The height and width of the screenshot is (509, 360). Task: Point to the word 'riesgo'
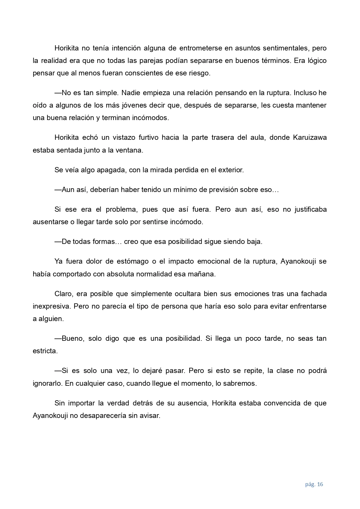[200, 73]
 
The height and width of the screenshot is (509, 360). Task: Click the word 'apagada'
[110, 170]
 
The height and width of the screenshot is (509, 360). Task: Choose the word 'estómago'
[133, 261]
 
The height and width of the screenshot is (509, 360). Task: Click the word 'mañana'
[204, 274]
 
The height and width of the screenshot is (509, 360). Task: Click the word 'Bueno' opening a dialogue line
[72, 338]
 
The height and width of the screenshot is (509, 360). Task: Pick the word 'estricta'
[45, 351]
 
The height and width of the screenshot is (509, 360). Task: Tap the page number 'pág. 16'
[314, 484]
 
